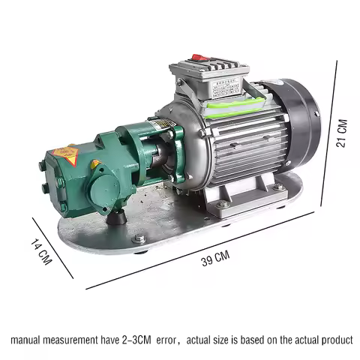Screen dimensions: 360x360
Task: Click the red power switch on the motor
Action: [x=199, y=58]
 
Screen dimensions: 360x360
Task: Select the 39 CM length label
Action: [x=215, y=259]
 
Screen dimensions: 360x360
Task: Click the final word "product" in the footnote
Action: [x=334, y=339]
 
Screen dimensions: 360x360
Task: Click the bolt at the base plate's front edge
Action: [x=139, y=239]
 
